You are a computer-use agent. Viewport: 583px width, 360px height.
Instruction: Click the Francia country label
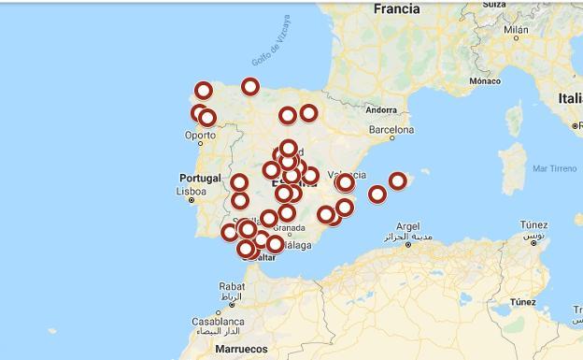[x=396, y=8]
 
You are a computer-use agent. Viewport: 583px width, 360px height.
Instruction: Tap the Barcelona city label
[x=391, y=130]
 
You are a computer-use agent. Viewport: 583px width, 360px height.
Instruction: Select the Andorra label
[x=381, y=108]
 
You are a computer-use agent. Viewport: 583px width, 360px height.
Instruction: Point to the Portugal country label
[x=200, y=178]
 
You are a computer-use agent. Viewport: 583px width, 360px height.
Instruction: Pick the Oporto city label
[x=200, y=136]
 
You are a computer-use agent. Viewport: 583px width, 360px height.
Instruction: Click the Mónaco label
[x=485, y=81]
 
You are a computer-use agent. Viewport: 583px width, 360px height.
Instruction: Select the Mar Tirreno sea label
[x=554, y=168]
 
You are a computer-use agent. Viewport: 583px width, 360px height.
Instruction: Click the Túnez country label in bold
[x=523, y=302]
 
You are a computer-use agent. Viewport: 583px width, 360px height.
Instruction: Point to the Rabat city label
[x=232, y=287]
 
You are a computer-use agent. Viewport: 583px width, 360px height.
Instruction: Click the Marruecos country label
[x=241, y=349]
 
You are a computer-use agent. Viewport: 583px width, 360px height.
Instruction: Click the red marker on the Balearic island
[x=398, y=180]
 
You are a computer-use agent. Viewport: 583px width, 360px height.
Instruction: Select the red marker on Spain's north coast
[x=250, y=87]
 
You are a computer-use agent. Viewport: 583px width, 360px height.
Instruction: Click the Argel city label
[x=408, y=226]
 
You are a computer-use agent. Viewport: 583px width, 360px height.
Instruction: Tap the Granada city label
[x=289, y=227]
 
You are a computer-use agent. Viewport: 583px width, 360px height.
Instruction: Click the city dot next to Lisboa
[x=192, y=200]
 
